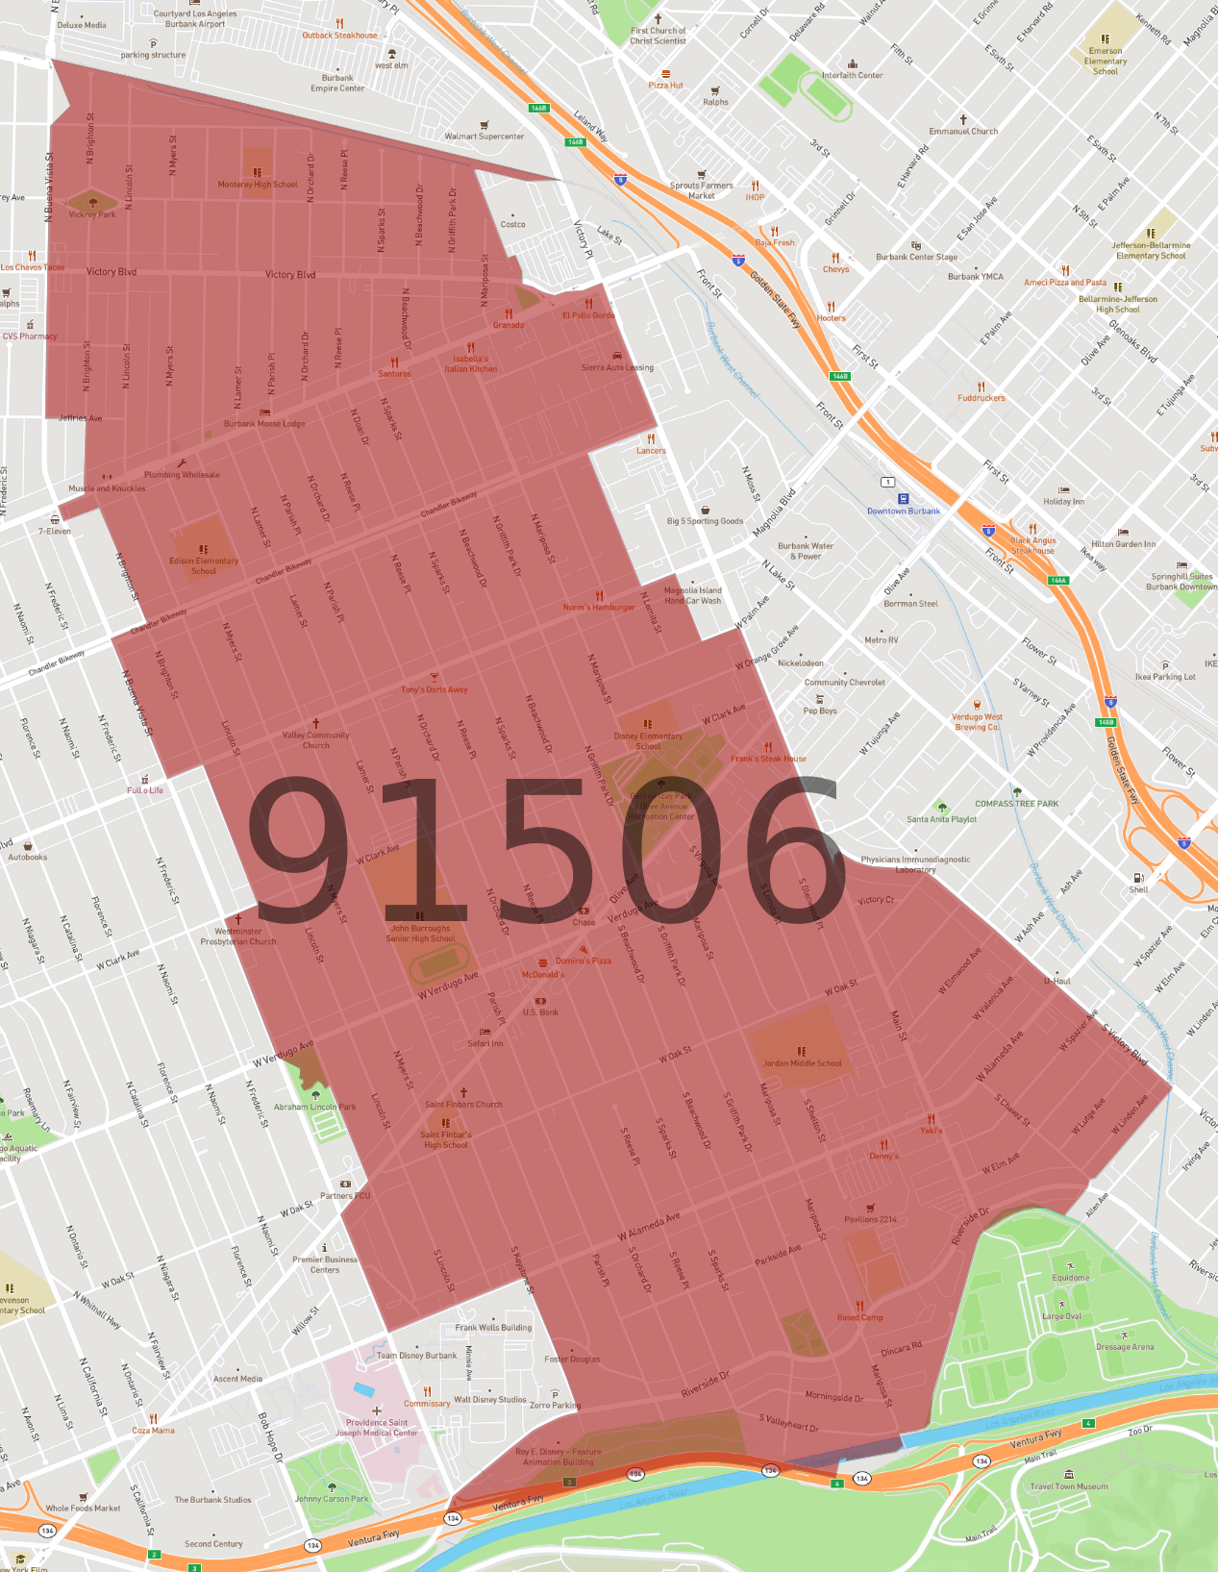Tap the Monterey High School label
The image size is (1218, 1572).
tap(258, 184)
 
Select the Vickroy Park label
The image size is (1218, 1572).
tap(92, 214)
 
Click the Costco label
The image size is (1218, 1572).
tap(513, 224)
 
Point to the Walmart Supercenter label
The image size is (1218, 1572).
tap(485, 136)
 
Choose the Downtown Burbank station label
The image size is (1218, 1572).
tap(904, 511)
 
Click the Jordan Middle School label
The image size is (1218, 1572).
tap(802, 1063)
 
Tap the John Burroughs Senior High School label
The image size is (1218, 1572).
tap(420, 934)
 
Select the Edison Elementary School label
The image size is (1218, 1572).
tap(204, 565)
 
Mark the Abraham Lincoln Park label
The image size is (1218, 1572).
tap(315, 1107)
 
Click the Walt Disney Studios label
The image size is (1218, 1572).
tap(490, 1400)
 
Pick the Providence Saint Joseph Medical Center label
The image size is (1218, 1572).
tap(377, 1428)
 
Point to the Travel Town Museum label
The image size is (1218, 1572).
tap(1069, 1486)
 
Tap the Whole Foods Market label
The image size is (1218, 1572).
tap(84, 1508)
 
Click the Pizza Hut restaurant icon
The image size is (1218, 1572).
tap(665, 73)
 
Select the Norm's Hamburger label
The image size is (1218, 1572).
tap(599, 607)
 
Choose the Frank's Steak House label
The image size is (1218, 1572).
tap(769, 759)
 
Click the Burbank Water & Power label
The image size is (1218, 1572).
tap(806, 551)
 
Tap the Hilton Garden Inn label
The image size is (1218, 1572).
tap(1123, 544)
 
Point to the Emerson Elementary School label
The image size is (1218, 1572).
tap(1106, 61)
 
